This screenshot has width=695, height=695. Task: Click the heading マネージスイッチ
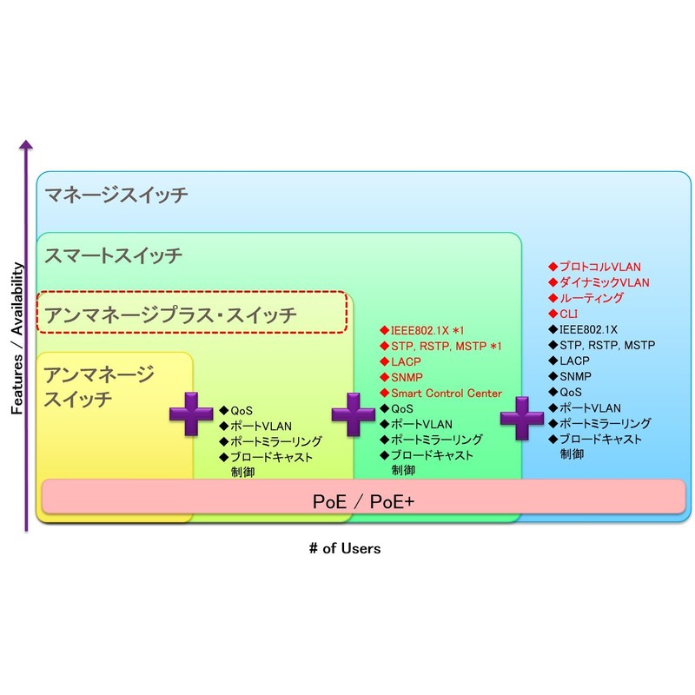116,195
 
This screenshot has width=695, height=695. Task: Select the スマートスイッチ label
114,255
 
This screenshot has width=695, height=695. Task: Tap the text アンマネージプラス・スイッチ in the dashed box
171,314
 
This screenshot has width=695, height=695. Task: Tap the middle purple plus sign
353,414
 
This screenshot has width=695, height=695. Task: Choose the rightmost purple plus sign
522,418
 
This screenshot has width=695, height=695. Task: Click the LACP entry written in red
405,361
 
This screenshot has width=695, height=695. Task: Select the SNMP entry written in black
575,376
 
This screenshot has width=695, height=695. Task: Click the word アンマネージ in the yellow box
99,375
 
